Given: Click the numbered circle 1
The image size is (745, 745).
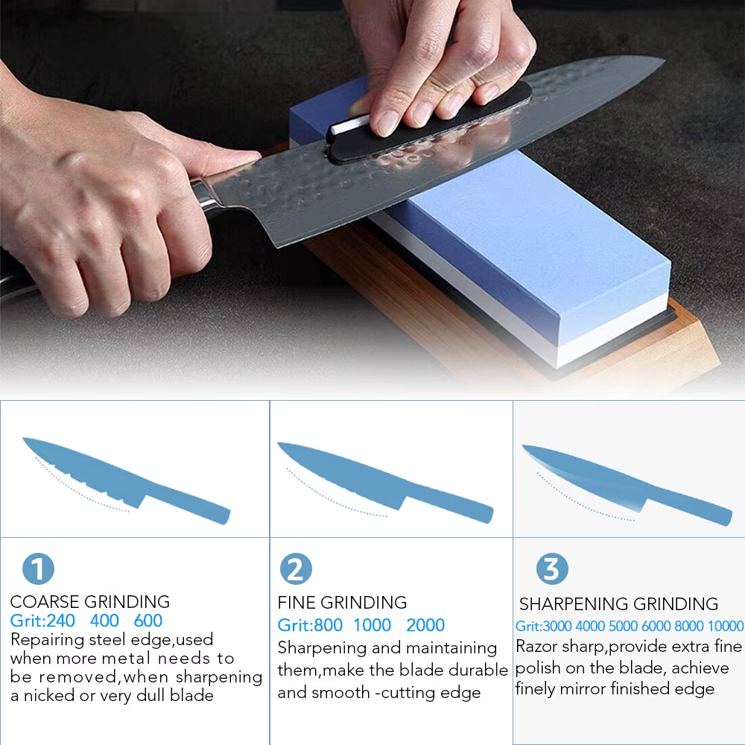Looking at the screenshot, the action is point(38,568).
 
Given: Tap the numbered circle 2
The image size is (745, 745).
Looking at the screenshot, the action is point(296,568).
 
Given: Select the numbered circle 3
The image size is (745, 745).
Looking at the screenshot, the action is point(552,568).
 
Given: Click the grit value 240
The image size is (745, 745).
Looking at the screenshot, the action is point(60,621).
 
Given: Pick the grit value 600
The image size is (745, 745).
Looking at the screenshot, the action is point(148,621).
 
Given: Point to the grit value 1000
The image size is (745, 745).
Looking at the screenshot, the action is point(372,625).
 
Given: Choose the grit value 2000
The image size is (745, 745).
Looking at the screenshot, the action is point(425,625).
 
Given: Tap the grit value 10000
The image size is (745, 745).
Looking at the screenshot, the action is point(725,627).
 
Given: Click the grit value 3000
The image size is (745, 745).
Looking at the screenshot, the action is point(557,627).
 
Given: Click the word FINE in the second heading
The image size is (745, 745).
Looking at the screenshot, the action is point(297,603).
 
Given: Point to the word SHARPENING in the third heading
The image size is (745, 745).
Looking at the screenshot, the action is point(574,604).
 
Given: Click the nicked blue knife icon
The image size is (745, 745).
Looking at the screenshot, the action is point(126,480).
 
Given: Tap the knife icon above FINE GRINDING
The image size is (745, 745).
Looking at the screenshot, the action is point(385,482).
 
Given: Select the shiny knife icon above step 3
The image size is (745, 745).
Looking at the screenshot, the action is point(627,485).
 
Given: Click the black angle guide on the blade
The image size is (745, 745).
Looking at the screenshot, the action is point(428,124).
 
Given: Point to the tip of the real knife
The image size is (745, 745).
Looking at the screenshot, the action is point(665,59).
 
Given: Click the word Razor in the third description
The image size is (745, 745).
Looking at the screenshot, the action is point(536,647).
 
